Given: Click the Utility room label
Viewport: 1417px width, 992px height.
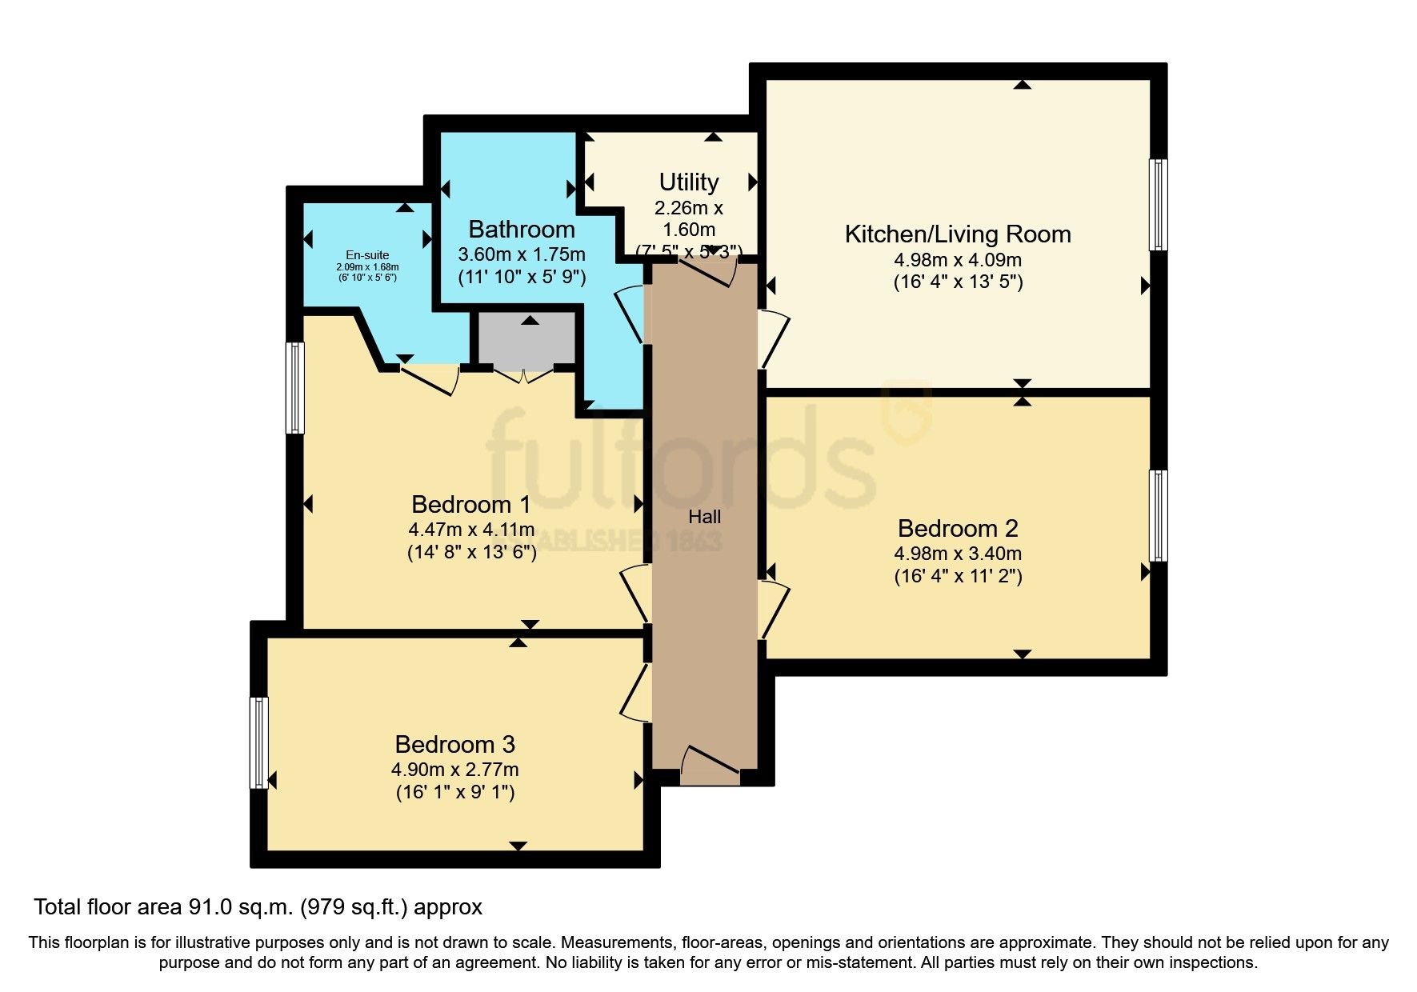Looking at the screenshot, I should [688, 182].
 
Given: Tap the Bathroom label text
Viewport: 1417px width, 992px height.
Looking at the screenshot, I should [521, 230].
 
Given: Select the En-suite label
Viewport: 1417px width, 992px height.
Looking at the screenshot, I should [367, 255].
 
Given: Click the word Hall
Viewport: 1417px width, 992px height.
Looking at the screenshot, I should [704, 517].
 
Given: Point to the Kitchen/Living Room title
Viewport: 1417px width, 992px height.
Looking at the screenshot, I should [957, 234].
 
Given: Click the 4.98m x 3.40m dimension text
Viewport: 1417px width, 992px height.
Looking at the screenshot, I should [957, 554].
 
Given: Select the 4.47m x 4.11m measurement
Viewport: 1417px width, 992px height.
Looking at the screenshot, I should [471, 530].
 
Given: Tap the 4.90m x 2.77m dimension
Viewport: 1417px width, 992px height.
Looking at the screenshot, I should [454, 770].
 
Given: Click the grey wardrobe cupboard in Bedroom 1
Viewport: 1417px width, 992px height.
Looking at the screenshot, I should [526, 339].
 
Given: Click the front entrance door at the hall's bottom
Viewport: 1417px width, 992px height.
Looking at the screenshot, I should [711, 763].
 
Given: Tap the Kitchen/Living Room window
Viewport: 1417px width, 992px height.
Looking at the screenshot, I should [1158, 205].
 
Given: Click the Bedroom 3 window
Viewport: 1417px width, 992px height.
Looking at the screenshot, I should [258, 742].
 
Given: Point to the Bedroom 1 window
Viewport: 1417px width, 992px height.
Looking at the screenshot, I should [296, 388].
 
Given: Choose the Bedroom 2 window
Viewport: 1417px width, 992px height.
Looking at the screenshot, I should [1158, 516].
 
